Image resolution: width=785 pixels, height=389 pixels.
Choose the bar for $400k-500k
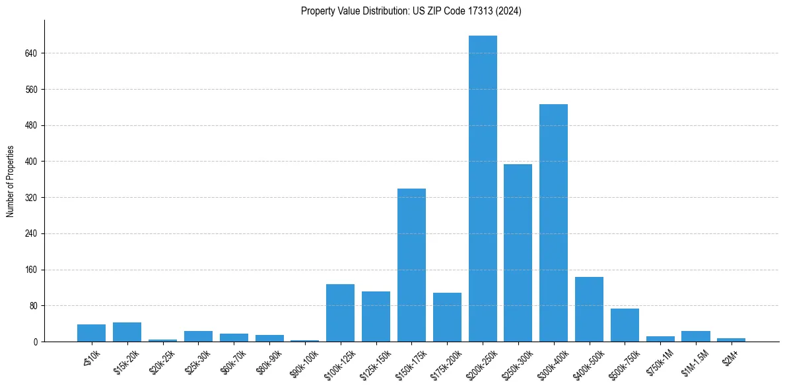(589, 309)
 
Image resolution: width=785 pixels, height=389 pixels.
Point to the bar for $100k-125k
(340, 313)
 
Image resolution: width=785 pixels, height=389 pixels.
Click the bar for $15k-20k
(127, 332)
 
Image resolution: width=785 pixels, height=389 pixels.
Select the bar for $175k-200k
(447, 317)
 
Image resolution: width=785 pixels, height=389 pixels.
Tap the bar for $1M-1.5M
(696, 336)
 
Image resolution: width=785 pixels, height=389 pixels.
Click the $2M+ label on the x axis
(728, 357)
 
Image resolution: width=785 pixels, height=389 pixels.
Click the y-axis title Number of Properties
(10, 181)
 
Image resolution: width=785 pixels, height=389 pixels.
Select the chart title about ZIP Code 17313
(411, 11)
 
